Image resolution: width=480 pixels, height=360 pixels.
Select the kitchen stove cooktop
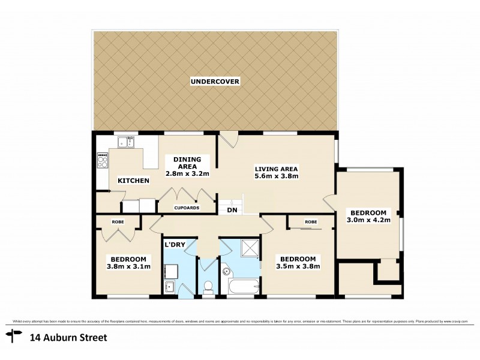[x=103, y=160]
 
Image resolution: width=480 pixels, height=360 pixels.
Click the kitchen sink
[x=126, y=142]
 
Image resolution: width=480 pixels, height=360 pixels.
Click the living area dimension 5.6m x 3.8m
[x=277, y=176]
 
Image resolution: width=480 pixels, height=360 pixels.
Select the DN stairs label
[x=231, y=210]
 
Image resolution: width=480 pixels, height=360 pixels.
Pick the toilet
[x=209, y=287]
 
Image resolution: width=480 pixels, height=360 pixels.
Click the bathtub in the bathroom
[x=241, y=286]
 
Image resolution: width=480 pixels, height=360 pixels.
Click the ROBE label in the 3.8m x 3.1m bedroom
[x=118, y=221]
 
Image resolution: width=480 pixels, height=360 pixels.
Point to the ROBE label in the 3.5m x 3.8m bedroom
[x=310, y=222]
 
